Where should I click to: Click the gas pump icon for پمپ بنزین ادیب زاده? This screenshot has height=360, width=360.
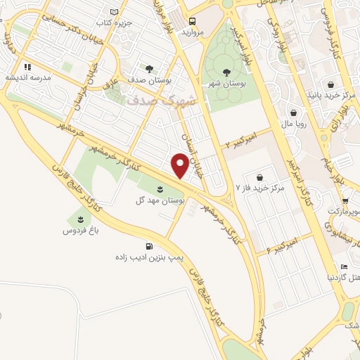point(149,247)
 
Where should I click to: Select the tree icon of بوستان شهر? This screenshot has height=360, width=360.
point(226,72)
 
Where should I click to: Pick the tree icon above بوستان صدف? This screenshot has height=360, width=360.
point(149,69)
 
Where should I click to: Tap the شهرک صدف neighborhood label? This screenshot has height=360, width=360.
point(155,102)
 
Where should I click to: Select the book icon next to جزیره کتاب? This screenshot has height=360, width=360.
point(114,12)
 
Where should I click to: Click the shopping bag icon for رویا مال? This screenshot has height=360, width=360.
point(294,112)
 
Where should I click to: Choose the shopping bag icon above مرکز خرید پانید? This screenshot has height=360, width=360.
point(330,82)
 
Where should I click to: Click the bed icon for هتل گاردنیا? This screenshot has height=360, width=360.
point(343,266)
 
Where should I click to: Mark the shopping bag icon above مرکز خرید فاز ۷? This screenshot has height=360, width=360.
point(261,177)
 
